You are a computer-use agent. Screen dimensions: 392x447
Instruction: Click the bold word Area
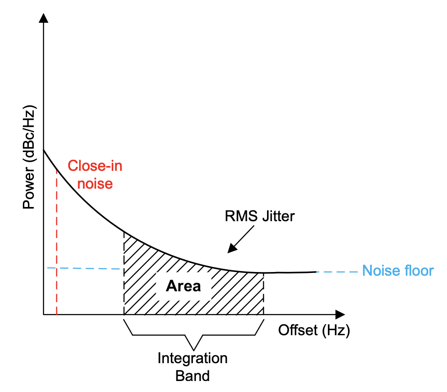click(x=183, y=286)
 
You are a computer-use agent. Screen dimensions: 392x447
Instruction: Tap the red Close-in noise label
click(x=95, y=174)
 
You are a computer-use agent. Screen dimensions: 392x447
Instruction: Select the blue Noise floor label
click(x=398, y=271)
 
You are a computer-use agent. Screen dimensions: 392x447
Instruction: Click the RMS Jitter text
click(x=259, y=216)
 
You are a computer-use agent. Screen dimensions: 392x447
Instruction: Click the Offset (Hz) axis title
click(x=314, y=330)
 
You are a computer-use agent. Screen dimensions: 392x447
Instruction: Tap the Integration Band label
click(x=192, y=367)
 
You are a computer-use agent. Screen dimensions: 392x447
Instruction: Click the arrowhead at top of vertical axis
click(x=44, y=18)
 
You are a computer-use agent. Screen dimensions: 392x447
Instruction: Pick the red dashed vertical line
click(x=56, y=243)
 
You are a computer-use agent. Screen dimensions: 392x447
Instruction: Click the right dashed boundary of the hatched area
click(x=264, y=294)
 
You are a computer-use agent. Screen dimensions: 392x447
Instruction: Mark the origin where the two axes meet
click(x=44, y=315)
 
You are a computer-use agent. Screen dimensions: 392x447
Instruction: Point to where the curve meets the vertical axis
click(x=44, y=150)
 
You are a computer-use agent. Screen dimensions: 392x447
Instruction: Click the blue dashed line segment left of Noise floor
click(x=337, y=272)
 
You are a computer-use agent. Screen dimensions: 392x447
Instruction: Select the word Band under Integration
click(x=192, y=376)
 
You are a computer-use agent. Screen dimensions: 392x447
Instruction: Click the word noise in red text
click(x=95, y=183)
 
